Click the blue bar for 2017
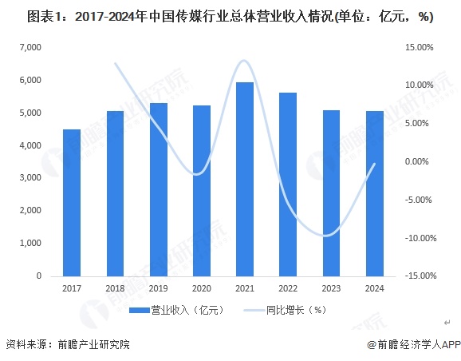coord(72,203)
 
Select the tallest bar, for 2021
coord(244,179)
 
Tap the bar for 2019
coord(158,189)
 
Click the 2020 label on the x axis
coord(201,289)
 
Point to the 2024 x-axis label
coord(374,289)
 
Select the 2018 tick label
coord(115,289)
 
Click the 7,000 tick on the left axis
coord(30,48)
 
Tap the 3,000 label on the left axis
coord(30,178)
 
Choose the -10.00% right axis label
coord(418,238)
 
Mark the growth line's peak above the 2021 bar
coord(244,61)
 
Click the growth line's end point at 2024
coord(374,164)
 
